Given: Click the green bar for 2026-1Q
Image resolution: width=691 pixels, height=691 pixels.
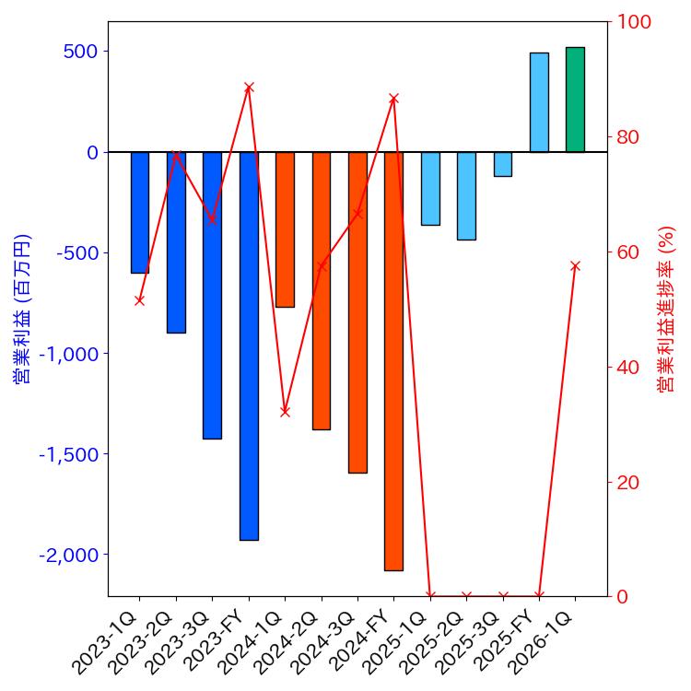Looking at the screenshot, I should (575, 100).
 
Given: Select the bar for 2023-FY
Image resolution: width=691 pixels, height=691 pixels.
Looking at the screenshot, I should (249, 345).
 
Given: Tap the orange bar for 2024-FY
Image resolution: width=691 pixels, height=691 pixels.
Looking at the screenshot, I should (393, 360).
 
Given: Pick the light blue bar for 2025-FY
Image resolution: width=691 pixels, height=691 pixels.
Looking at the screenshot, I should (539, 102).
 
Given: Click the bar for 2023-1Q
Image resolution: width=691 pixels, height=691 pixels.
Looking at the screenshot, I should (140, 212).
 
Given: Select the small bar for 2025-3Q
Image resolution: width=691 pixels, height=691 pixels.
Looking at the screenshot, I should (502, 164).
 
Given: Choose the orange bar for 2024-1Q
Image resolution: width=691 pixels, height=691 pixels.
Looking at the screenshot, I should (285, 229).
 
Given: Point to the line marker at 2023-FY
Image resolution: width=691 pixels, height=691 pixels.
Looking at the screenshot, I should (249, 88).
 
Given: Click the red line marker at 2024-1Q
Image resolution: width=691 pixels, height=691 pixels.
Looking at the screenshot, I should (285, 411).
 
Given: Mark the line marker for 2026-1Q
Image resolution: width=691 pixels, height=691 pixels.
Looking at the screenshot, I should (575, 266).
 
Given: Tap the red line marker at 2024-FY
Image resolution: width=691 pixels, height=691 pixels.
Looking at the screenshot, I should (393, 99).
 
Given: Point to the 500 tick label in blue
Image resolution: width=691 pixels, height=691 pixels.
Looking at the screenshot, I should (81, 52).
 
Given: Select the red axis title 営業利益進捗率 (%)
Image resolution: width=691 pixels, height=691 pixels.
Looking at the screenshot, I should (666, 309).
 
